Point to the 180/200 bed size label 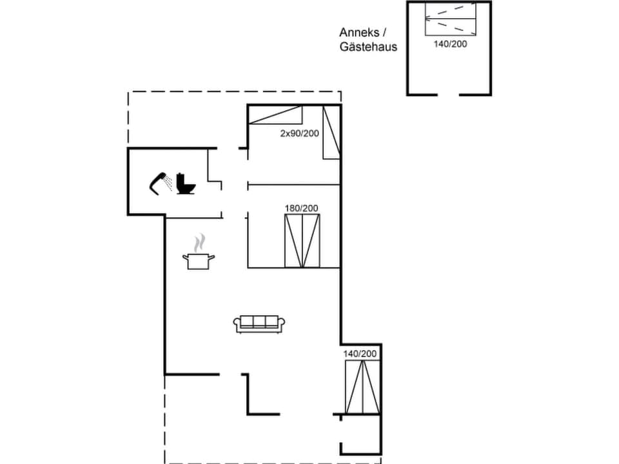[301, 208]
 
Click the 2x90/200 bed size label [299, 133]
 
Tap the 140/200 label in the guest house [450, 44]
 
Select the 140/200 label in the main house [360, 354]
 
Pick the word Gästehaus [369, 46]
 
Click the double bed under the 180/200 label [302, 240]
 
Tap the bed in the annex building [450, 19]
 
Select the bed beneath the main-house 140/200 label [362, 387]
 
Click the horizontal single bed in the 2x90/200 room [275, 115]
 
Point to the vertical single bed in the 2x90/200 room [331, 132]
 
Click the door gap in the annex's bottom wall [449, 95]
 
